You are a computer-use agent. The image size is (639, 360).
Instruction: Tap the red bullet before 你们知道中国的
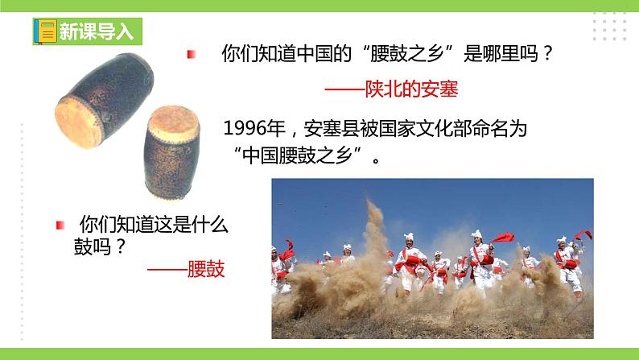click(191, 55)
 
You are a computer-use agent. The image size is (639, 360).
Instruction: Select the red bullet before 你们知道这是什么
click(59, 224)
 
